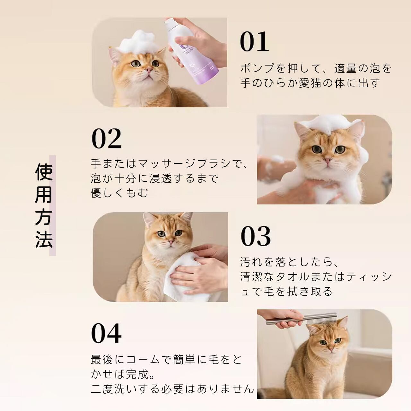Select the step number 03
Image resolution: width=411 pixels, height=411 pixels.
pyautogui.click(x=256, y=237)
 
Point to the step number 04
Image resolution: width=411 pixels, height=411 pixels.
pyautogui.click(x=106, y=333)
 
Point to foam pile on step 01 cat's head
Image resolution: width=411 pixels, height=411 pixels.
pyautogui.click(x=137, y=42)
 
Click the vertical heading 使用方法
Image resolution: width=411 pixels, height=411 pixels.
pyautogui.click(x=44, y=205)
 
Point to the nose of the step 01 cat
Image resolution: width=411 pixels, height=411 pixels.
pyautogui.click(x=149, y=69)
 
